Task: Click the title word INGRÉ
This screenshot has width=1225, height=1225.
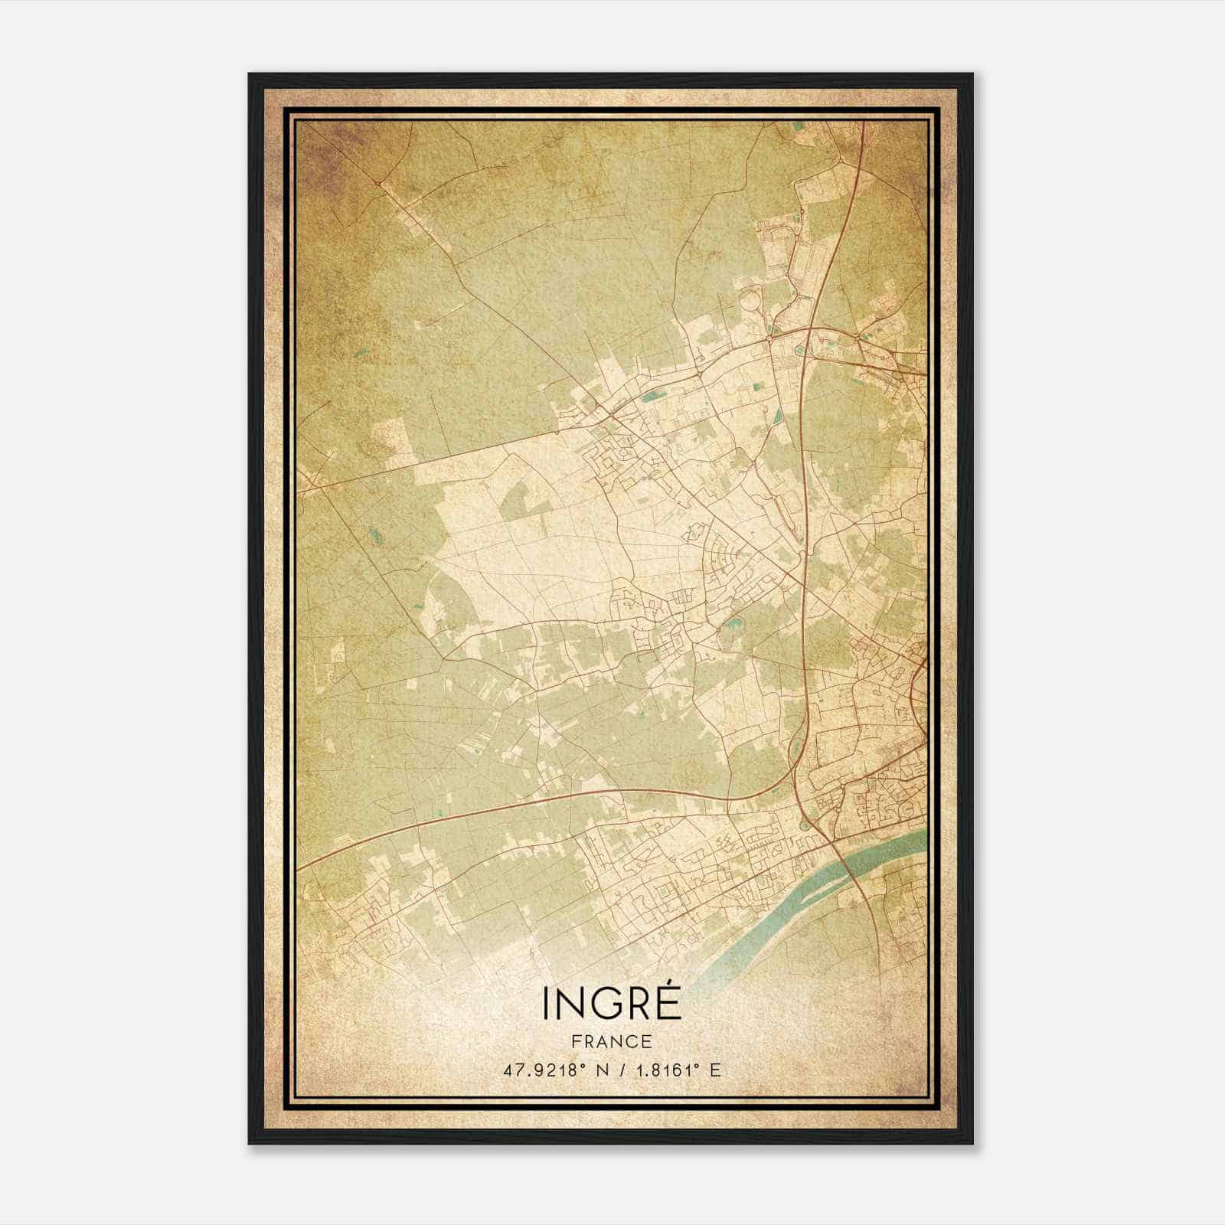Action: click(612, 1002)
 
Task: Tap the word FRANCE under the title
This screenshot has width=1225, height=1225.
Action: click(612, 1041)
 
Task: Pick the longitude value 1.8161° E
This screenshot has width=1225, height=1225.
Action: click(677, 1070)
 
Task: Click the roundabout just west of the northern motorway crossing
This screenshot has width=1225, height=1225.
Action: click(768, 336)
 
